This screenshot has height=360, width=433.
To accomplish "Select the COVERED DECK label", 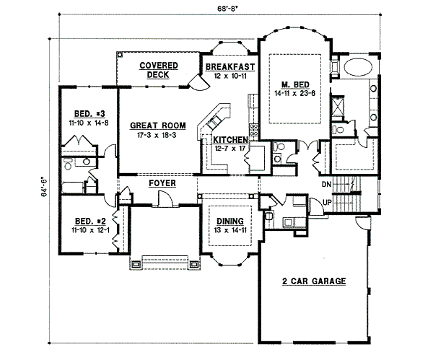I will (158, 70).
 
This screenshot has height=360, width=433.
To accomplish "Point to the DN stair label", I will (326, 184).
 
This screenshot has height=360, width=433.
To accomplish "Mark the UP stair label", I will (326, 203).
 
